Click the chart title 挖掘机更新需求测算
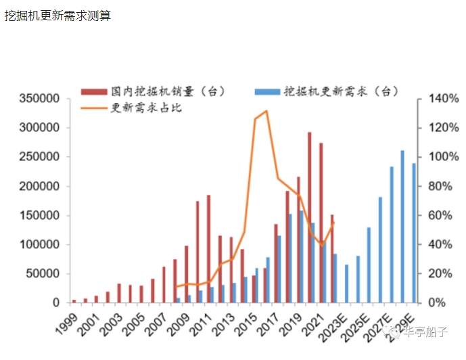click(x=57, y=16)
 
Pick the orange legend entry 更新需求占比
click(x=146, y=108)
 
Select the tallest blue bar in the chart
click(x=402, y=226)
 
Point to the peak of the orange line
click(x=266, y=111)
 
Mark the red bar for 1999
click(x=74, y=300)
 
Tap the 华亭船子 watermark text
click(x=425, y=332)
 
